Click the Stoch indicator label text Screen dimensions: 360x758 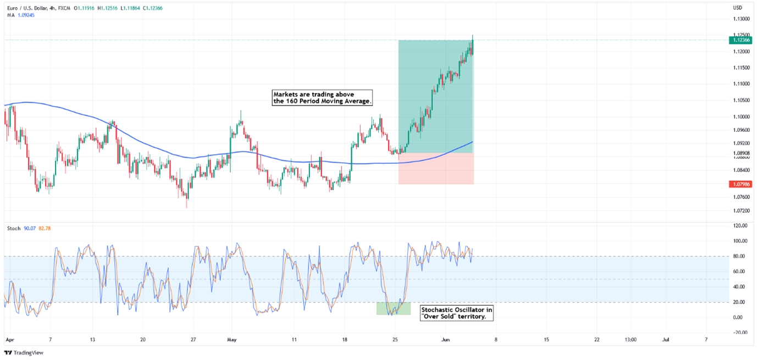[x=13, y=228]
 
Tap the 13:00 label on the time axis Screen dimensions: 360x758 [x=630, y=340]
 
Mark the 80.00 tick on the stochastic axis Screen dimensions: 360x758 [x=740, y=256]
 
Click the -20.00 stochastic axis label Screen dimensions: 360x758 [x=739, y=333]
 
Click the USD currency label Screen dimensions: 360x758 [x=738, y=8]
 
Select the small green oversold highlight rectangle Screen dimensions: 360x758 [x=394, y=308]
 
